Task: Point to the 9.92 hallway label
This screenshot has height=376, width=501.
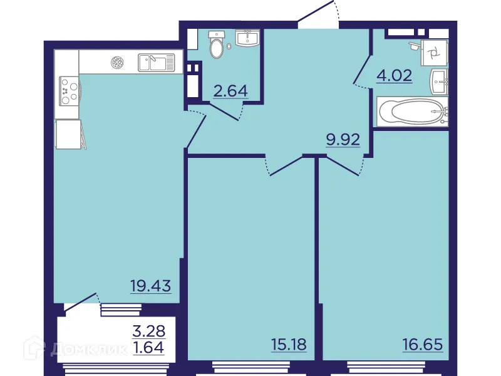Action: (x=343, y=139)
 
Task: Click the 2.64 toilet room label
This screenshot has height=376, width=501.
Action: (x=231, y=91)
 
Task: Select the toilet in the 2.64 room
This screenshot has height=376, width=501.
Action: (x=217, y=44)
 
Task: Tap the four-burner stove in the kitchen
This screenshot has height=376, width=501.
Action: (x=68, y=90)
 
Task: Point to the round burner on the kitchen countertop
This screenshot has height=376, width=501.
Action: (x=117, y=61)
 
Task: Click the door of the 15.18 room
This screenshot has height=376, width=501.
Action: (x=285, y=165)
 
